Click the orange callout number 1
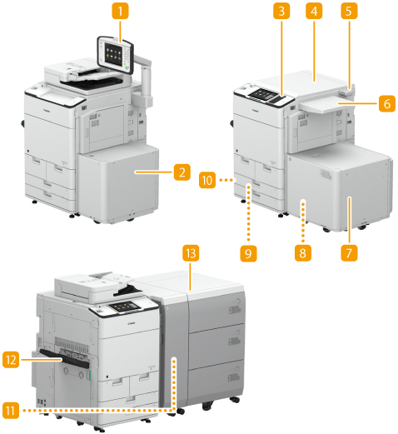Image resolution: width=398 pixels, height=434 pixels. (120, 11)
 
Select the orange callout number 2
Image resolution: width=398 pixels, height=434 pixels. (182, 172)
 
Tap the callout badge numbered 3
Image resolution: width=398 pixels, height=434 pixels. (281, 11)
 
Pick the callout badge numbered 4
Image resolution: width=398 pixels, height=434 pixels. (314, 11)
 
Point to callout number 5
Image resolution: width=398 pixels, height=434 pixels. (349, 11)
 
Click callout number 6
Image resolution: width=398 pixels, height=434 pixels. (387, 103)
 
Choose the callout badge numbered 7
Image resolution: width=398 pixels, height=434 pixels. (349, 253)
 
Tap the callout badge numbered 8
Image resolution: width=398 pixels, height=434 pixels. (303, 253)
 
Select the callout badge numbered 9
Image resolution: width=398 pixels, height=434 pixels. (248, 253)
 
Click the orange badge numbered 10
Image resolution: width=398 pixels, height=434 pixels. (207, 180)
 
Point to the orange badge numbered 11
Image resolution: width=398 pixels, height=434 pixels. (11, 410)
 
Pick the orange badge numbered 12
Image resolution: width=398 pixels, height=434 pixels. (11, 360)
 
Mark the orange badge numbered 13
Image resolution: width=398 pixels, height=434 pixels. (191, 253)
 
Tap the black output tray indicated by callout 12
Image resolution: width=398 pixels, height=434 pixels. (65, 358)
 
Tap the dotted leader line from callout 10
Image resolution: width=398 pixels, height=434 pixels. (226, 180)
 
